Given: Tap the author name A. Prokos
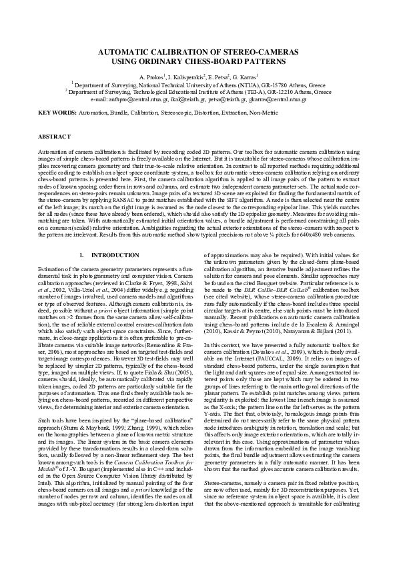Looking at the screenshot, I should [151, 78].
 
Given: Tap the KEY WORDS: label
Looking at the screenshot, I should [57, 113].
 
